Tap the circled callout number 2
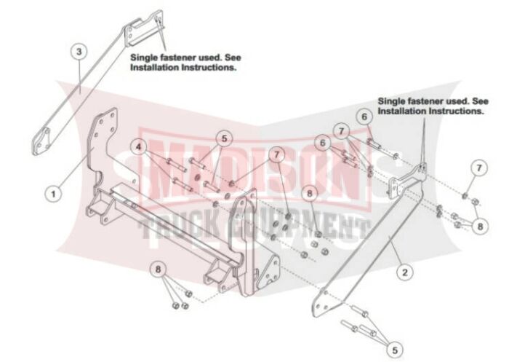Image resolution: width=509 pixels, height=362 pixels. (404, 272)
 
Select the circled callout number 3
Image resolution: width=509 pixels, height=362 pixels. (79, 51)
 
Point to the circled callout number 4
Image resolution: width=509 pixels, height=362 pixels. (139, 146)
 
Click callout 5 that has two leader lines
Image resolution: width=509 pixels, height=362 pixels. (224, 138)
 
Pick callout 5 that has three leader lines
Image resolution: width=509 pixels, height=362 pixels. (395, 350)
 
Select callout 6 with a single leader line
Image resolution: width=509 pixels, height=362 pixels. (364, 117)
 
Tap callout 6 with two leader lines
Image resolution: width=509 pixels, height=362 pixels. (322, 143)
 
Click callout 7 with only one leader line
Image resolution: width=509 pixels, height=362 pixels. (479, 168)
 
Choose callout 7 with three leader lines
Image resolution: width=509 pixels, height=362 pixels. (341, 131)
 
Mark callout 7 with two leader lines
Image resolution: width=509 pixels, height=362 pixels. (276, 154)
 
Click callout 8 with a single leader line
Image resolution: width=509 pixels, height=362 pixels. (309, 194)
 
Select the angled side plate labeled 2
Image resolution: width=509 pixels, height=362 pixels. (366, 240)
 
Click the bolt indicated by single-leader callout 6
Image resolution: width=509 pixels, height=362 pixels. (373, 143)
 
